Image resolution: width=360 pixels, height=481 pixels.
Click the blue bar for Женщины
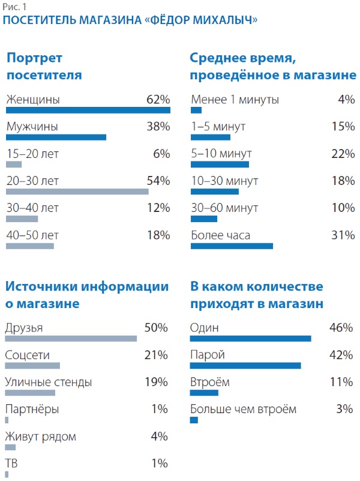point(88,110)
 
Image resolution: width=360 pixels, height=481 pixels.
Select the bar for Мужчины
point(56,137)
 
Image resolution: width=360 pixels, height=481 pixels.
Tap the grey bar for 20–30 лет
point(77,192)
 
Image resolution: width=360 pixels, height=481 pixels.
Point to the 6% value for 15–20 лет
point(161,154)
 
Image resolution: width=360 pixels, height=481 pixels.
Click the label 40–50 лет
point(32,235)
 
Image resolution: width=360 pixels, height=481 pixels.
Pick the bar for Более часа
point(232,246)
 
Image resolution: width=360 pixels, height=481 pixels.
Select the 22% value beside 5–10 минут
point(343,154)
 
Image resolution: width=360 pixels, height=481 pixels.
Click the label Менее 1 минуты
point(235,100)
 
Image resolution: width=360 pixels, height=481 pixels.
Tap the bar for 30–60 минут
point(204,219)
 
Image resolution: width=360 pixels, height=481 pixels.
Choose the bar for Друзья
point(71,339)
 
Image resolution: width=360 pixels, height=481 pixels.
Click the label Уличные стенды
point(49,382)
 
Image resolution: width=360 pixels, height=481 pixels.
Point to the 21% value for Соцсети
point(156,355)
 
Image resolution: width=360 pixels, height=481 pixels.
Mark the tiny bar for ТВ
point(7,474)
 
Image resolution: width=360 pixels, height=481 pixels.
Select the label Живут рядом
point(41,437)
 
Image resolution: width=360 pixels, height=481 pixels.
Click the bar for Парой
point(245,366)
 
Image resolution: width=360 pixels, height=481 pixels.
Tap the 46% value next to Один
point(340,328)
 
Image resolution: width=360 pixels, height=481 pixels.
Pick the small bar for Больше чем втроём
point(194,420)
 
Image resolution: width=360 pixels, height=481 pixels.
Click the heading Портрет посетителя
point(44,66)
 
